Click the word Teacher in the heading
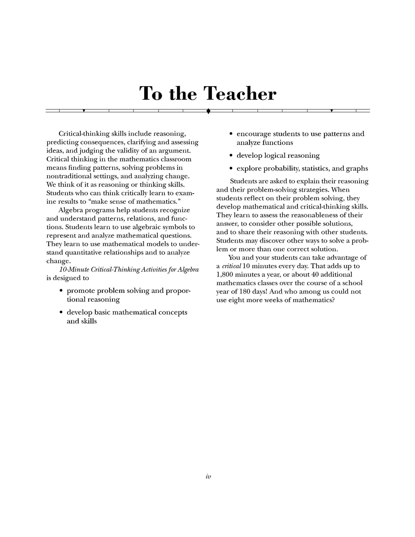(x=240, y=94)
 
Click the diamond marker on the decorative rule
(x=209, y=111)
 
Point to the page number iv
(x=209, y=476)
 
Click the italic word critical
(x=231, y=266)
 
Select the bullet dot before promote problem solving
(x=61, y=291)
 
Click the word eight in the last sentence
(x=236, y=300)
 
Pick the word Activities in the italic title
(x=150, y=269)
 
